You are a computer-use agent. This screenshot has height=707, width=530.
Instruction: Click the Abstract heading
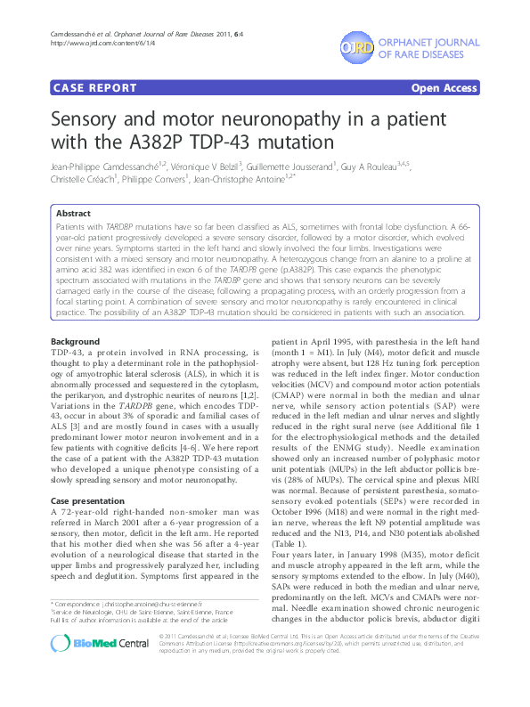[x=73, y=214]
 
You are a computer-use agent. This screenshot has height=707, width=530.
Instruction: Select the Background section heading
[x=76, y=342]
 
